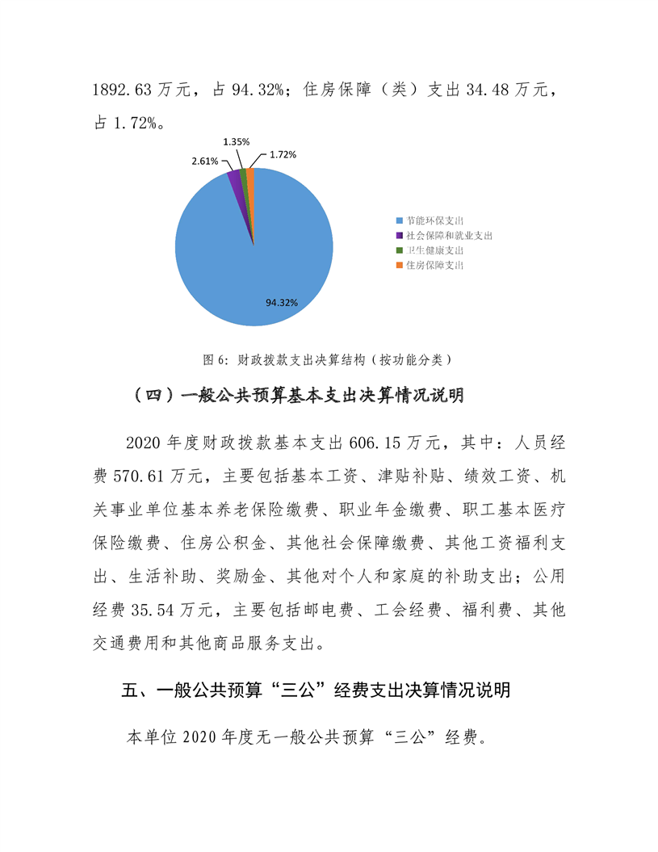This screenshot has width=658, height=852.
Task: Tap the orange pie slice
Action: [x=250, y=176]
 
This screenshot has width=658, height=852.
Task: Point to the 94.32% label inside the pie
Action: [x=282, y=302]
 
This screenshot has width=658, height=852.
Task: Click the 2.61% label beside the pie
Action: [x=204, y=161]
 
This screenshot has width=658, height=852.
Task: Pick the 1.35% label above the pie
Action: [x=236, y=141]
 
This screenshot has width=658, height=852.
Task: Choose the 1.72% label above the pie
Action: [x=283, y=153]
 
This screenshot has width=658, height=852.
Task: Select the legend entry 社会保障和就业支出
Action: [x=449, y=236]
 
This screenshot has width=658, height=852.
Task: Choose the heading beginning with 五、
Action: [x=315, y=691]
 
